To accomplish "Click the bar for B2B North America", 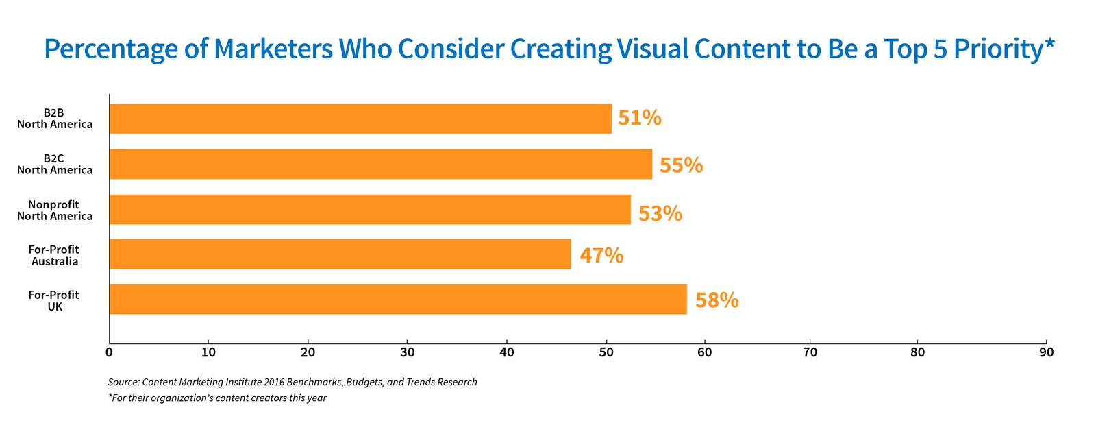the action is click(x=360, y=119).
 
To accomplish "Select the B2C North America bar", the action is click(x=381, y=164).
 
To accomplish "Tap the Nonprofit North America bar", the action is click(x=370, y=210).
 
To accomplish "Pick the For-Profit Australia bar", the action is click(x=340, y=254).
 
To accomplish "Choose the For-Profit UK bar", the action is click(x=398, y=299).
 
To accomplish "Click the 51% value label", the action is click(x=640, y=118).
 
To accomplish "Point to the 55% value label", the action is click(x=681, y=165).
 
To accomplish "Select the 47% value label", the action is click(x=602, y=256).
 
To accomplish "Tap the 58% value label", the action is click(x=717, y=301).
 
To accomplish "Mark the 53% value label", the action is click(x=660, y=214).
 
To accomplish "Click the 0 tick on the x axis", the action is click(x=109, y=352).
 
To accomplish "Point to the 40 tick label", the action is click(x=507, y=352).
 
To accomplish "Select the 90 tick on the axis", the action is click(x=1047, y=352).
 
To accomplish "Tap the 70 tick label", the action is click(x=810, y=352).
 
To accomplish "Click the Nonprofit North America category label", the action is click(x=55, y=210).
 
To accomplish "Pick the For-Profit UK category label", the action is click(x=54, y=301).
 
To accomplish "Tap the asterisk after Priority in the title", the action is click(x=1049, y=43).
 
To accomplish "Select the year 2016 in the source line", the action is click(x=274, y=382).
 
